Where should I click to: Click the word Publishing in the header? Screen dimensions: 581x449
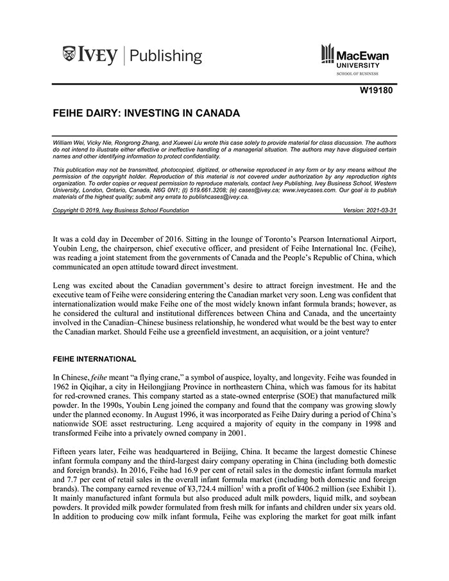[165, 56]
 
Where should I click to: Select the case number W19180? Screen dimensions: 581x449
[376, 90]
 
